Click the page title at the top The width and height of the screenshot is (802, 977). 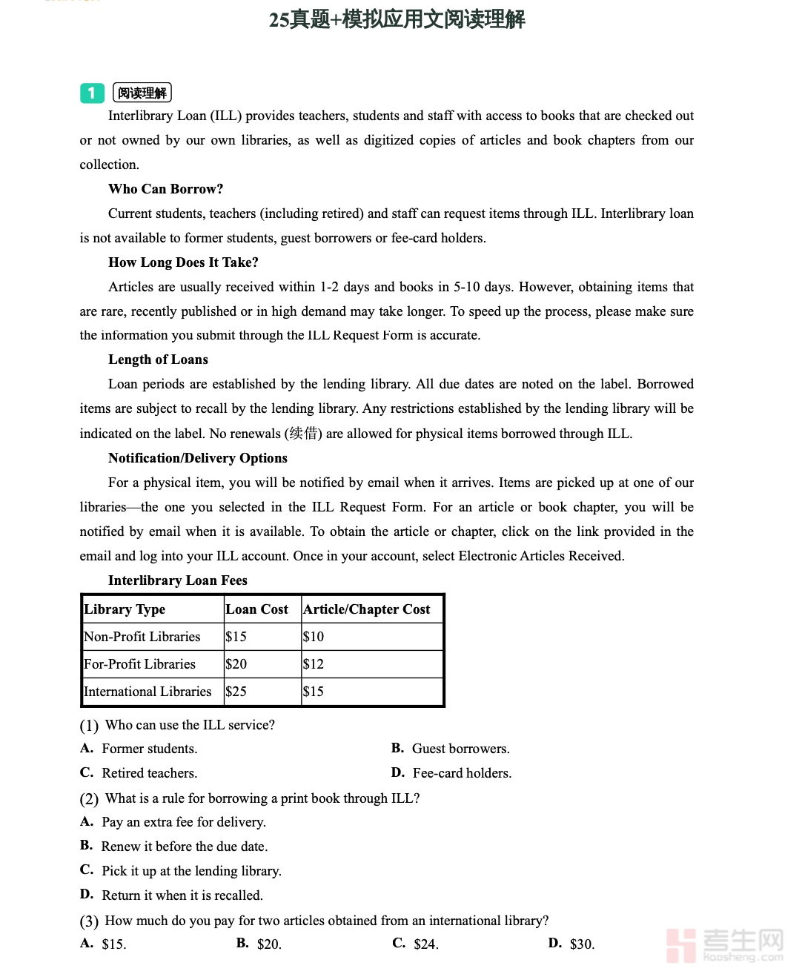[x=397, y=19]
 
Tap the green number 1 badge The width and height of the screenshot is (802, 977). [x=92, y=93]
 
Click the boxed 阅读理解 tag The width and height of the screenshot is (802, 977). [x=142, y=93]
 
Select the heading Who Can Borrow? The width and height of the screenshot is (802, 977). [x=165, y=189]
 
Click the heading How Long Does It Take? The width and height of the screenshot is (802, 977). [x=183, y=262]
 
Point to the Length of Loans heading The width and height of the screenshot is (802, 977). [x=158, y=360]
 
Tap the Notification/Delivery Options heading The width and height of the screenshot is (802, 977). [x=197, y=458]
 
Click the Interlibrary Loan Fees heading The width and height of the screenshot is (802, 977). [x=177, y=580]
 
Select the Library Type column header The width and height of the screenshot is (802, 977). [x=125, y=609]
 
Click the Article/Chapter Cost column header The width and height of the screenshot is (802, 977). [x=366, y=609]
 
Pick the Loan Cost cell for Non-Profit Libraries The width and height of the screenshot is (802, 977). [x=236, y=637]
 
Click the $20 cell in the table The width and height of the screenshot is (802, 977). [x=236, y=664]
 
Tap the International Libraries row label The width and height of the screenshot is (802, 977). [x=148, y=692]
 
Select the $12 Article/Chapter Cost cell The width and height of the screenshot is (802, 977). [x=314, y=664]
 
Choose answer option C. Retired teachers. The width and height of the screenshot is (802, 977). [x=148, y=773]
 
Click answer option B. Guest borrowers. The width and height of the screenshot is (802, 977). [x=460, y=749]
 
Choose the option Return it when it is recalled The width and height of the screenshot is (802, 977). [x=182, y=895]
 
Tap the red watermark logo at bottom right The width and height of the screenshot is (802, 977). [x=681, y=945]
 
